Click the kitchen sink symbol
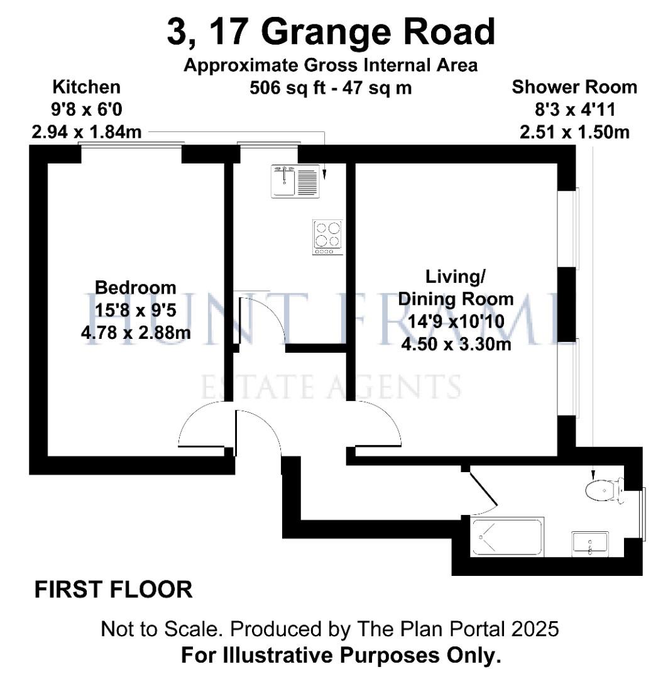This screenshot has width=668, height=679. pos(295,181)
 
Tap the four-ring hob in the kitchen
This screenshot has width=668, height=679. pos(328,237)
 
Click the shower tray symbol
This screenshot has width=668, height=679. pos(507,537)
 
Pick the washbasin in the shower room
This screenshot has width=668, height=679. pos(589,544)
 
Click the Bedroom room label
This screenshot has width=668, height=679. pos(136,287)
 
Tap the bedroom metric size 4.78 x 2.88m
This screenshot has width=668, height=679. pos(136,333)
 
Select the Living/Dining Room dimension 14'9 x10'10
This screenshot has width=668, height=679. pos(456,321)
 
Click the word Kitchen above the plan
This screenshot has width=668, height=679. pos(87,87)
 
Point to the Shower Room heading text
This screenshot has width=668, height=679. pos(574,87)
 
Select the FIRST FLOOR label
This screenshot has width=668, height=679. pos(113,590)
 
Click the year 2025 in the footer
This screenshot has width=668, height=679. pos(535,629)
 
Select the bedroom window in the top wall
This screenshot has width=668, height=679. pos(131,144)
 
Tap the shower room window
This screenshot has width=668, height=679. pos(643,514)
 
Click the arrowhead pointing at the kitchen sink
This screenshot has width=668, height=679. pos(324,175)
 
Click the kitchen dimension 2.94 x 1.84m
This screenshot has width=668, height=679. pos(87,132)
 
